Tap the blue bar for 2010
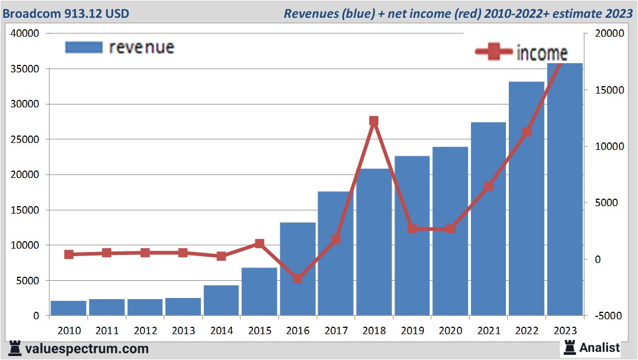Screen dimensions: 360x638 [68, 308]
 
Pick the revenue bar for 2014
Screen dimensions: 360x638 [221, 300]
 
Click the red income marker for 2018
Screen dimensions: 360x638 [374, 121]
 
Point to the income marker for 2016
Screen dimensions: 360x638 [297, 278]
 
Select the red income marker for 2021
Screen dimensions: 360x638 [488, 187]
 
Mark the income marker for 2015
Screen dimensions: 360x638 [259, 244]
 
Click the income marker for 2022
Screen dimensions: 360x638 [526, 132]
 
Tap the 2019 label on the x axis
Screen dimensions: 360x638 [412, 331]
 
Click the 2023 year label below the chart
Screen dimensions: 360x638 [564, 331]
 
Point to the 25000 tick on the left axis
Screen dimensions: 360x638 [27, 140]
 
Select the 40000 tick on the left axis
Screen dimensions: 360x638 [27, 34]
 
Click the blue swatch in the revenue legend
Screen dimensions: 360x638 [84, 47]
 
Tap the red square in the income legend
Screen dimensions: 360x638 [494, 53]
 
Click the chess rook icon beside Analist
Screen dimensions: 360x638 [570, 347]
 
